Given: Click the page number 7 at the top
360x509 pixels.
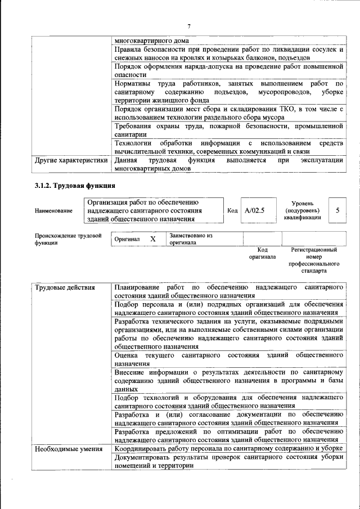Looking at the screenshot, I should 189,26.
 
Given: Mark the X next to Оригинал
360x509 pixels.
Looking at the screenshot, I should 152,239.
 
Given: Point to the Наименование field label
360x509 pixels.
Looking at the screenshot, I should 53,211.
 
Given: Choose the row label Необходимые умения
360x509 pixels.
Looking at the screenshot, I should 68,449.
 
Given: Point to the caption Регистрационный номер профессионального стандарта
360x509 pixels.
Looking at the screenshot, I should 314,259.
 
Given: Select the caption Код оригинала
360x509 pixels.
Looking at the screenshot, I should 262,253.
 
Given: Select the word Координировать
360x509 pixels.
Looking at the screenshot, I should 143,449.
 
